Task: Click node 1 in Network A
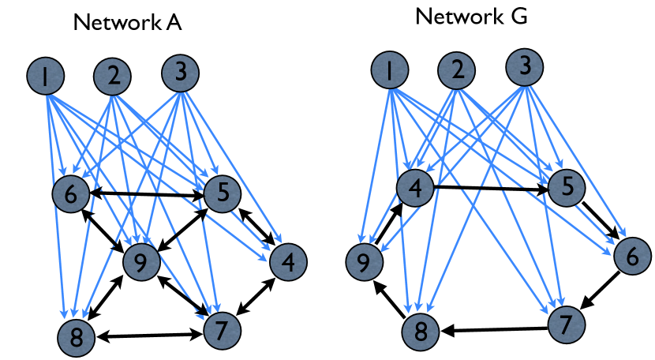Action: coord(46,76)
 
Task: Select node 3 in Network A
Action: coord(180,73)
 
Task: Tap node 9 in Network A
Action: coord(141,262)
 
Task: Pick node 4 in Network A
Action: coord(288,262)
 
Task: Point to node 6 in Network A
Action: coord(71,194)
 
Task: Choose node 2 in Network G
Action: coord(457,70)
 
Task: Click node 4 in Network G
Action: coord(415,188)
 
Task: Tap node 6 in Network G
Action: coord(632,256)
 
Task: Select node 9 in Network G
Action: coord(364,262)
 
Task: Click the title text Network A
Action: coord(127,22)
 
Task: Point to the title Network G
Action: coord(471,17)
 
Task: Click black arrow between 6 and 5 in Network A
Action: coord(147,194)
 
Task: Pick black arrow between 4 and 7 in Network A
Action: coord(255,296)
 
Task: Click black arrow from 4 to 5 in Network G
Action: coord(491,188)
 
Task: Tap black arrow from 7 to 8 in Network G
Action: coord(495,330)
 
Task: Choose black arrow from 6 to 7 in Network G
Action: coord(600,291)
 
